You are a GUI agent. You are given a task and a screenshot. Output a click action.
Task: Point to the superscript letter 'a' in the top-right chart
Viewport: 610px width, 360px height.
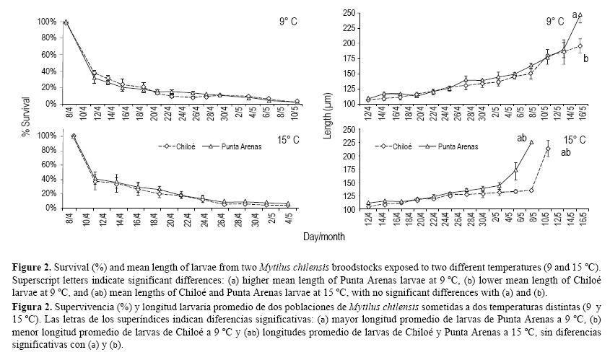[x=575, y=13]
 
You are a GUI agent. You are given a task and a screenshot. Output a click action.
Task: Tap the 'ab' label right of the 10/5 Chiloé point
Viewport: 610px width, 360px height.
[x=565, y=152]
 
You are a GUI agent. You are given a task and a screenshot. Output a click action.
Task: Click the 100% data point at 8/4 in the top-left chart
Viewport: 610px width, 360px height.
[x=66, y=22]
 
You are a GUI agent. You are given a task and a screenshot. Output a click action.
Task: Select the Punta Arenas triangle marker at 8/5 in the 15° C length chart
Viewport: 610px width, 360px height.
[x=531, y=142]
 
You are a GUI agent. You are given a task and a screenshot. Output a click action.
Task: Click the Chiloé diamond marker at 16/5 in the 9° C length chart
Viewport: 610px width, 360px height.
[x=580, y=46]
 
